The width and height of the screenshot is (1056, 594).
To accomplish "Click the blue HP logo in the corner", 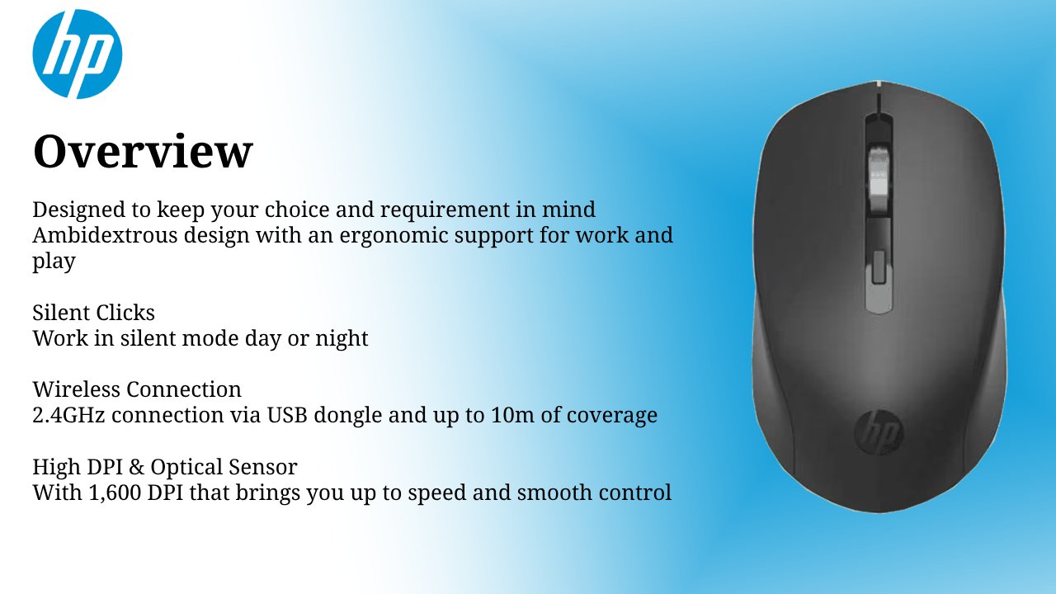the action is (x=78, y=54).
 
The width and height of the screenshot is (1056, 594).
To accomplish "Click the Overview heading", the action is (x=143, y=151).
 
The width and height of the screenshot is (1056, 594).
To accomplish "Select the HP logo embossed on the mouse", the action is (x=879, y=431).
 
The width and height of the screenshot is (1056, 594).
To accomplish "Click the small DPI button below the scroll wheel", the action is (x=879, y=266).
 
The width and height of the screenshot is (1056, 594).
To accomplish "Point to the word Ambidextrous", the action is (x=105, y=235).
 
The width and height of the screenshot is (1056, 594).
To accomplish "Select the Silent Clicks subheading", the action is (x=93, y=312).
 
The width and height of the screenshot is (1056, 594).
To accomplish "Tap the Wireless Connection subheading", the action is (x=137, y=389).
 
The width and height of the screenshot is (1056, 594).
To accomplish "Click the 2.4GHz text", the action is (x=68, y=415).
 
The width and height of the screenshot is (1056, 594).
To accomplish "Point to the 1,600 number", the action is (x=115, y=493).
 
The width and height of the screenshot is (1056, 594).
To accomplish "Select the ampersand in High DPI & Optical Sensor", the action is (x=136, y=467).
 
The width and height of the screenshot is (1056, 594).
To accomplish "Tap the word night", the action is (x=342, y=339).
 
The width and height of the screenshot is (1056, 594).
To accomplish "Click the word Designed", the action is (x=78, y=210).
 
